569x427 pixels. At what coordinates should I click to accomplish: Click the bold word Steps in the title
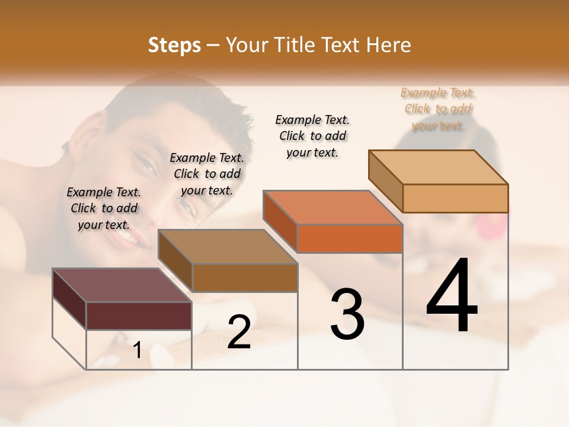coord(174,45)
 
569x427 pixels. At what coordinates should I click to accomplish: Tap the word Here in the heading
coord(389,45)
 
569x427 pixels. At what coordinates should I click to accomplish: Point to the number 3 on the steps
coord(347,314)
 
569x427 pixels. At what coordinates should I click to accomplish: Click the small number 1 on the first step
coord(138,350)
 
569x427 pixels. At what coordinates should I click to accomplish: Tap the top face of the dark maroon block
coord(122,285)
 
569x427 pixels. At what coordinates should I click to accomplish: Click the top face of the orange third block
coord(333,208)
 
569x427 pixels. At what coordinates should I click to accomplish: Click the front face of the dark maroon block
coord(139,316)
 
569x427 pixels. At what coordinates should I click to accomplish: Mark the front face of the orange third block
coord(350,238)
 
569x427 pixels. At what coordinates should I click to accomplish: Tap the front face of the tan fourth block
coord(455,198)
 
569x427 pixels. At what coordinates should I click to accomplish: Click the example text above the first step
coord(104,208)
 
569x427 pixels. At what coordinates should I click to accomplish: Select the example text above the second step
coord(207,174)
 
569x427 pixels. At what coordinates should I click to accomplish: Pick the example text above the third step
coord(312,136)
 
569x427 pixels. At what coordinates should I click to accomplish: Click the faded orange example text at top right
coord(438,109)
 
